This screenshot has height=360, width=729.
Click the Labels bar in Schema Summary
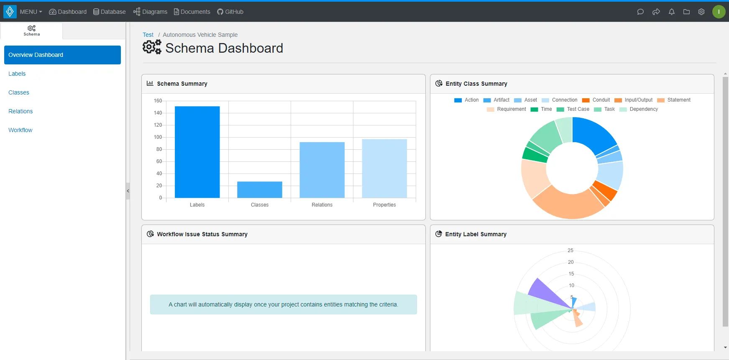click(x=197, y=152)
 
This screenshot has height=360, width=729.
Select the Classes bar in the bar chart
click(x=259, y=190)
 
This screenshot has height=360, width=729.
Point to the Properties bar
click(x=384, y=169)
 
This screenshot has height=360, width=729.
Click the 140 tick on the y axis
click(x=158, y=113)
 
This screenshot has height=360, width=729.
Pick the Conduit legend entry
click(x=596, y=100)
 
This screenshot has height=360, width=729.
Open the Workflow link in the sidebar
click(x=20, y=130)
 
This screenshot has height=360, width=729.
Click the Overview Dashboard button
click(x=62, y=55)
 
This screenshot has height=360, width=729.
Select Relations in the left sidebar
click(x=20, y=111)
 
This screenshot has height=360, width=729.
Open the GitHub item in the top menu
click(x=230, y=12)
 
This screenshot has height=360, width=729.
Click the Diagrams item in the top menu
click(x=150, y=12)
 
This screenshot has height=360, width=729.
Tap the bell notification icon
click(x=671, y=12)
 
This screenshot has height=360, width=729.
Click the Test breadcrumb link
click(x=148, y=35)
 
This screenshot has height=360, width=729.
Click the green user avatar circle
click(x=719, y=12)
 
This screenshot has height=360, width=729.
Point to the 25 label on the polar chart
click(x=570, y=250)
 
